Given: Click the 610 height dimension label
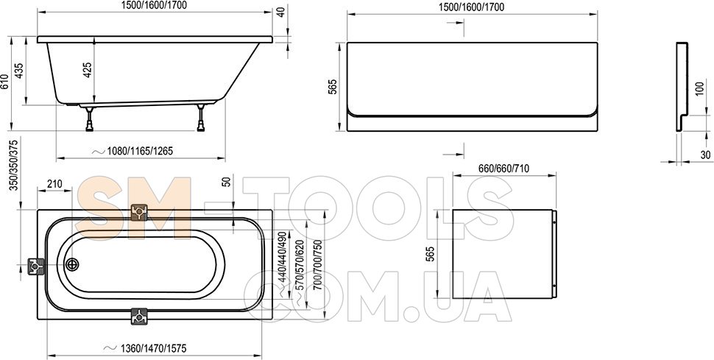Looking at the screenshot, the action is [5, 82].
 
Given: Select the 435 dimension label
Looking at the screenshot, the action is [19, 71].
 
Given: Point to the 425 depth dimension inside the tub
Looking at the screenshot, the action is [88, 70].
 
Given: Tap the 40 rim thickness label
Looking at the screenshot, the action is [281, 13].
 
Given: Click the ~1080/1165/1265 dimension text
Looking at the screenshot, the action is [132, 152].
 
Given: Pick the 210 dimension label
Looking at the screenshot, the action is [54, 184].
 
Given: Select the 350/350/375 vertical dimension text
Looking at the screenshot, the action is [14, 166].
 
